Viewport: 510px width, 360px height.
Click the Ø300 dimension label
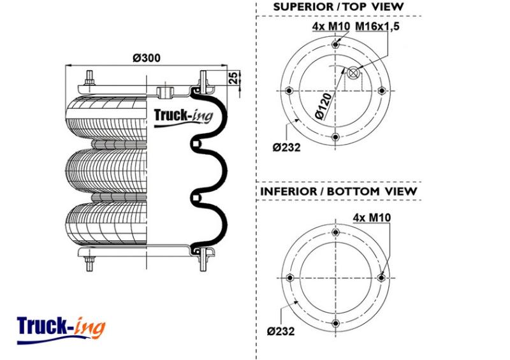pyautogui.click(x=147, y=58)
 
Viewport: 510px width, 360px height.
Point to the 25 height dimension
pyautogui.click(x=233, y=78)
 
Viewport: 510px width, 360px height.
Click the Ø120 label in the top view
pyautogui.click(x=324, y=106)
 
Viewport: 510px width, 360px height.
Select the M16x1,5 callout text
pyautogui.click(x=377, y=26)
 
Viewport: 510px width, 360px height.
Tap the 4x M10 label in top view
pyautogui.click(x=331, y=26)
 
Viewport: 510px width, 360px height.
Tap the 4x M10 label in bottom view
pyautogui.click(x=372, y=217)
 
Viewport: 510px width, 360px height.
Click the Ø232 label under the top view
pyautogui.click(x=286, y=148)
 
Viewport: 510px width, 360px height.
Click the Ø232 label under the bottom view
pyautogui.click(x=280, y=331)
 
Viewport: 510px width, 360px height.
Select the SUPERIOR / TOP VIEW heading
pyautogui.click(x=339, y=7)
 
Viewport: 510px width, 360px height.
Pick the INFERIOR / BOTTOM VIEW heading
pyautogui.click(x=339, y=191)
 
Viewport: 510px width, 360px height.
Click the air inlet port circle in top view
pyautogui.click(x=353, y=73)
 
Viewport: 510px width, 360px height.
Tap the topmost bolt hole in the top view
pyautogui.click(x=335, y=45)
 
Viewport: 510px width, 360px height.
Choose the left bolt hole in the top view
pyautogui.click(x=289, y=90)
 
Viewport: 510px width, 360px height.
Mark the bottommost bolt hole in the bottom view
pyautogui.click(x=335, y=324)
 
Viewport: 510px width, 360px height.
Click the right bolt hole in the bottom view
pyautogui.click(x=381, y=278)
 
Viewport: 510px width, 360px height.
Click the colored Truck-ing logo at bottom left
pyautogui.click(x=61, y=329)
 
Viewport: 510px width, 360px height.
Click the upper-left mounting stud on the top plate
pyautogui.click(x=89, y=78)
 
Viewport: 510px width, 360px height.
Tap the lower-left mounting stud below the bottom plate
pyautogui.click(x=89, y=263)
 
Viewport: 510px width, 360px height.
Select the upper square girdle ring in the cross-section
pyautogui.click(x=196, y=144)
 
